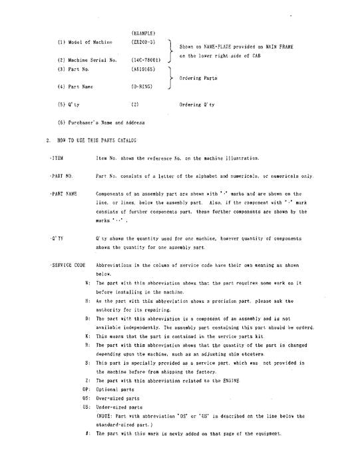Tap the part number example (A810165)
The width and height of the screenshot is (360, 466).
click(143, 69)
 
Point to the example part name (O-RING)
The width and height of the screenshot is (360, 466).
click(142, 87)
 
